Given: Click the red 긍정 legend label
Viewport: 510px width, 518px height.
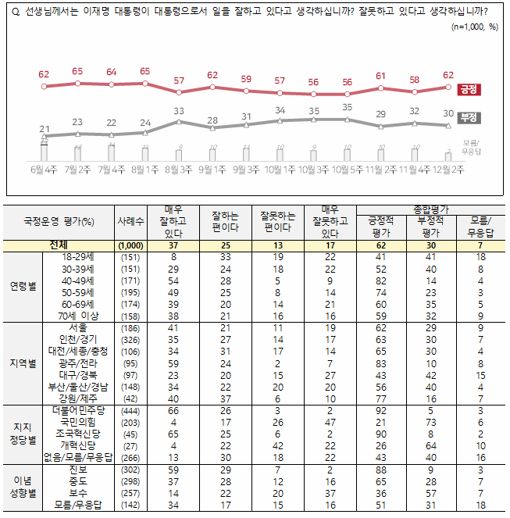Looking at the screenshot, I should [469, 89].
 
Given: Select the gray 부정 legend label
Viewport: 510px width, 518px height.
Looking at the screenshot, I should [469, 118].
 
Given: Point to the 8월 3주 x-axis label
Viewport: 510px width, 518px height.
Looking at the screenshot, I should [179, 168].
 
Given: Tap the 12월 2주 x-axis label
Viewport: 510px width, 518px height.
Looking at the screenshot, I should [448, 168].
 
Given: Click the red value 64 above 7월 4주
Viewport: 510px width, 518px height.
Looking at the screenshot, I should [111, 73].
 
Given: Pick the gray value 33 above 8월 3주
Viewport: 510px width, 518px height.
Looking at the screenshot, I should [179, 111].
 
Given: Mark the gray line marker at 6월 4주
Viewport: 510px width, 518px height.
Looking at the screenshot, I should [44, 137].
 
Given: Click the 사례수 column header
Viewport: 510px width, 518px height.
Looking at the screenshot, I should [130, 222].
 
